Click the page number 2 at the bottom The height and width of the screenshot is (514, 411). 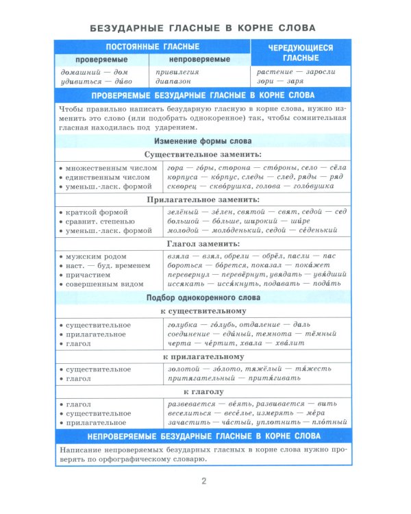point(203,480)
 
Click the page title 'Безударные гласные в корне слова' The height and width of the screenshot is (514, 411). point(203,28)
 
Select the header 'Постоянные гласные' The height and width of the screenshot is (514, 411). point(152,47)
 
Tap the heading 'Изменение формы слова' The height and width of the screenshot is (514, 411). point(203,140)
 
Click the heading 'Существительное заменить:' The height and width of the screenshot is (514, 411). point(203,155)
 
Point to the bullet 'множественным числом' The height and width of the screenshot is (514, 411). point(103,167)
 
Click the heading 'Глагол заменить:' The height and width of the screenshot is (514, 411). point(203,243)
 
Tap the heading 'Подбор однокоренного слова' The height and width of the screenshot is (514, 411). point(203,297)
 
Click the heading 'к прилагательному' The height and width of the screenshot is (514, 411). point(203,357)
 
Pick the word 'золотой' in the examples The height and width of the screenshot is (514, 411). point(183,369)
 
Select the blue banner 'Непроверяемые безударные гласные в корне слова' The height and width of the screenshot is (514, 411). point(203,436)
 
